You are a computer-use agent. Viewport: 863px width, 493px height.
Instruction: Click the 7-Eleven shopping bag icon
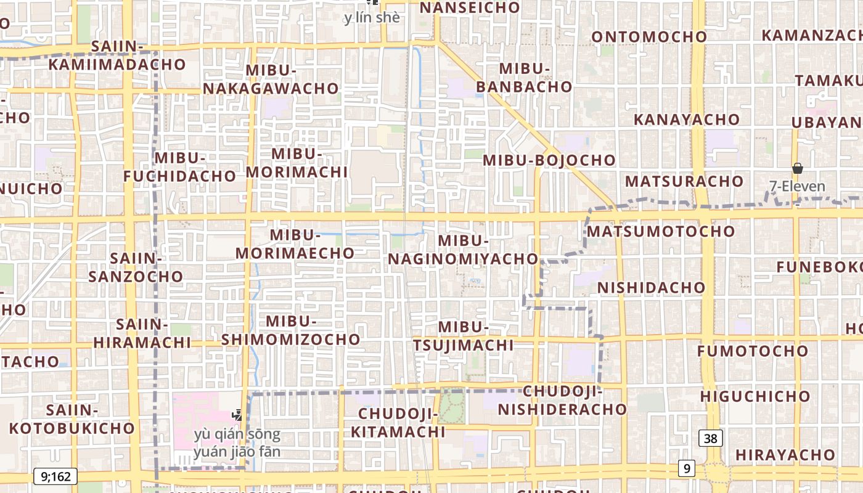(x=797, y=168)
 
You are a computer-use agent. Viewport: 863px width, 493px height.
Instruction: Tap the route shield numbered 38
(x=711, y=438)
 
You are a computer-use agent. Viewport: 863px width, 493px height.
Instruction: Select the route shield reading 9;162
(x=55, y=476)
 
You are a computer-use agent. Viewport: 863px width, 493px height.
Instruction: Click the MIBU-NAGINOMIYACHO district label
(x=463, y=250)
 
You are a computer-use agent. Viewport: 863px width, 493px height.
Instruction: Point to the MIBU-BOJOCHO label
(x=549, y=160)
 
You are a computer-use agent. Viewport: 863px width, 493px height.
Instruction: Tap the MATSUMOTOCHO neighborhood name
(x=661, y=232)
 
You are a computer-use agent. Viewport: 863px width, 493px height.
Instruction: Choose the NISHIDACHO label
(x=651, y=288)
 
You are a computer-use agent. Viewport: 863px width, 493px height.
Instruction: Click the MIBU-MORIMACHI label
(x=297, y=163)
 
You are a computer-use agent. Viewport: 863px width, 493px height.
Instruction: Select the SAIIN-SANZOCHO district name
(x=136, y=267)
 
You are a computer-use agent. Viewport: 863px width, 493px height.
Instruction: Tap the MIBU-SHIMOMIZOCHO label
(x=291, y=330)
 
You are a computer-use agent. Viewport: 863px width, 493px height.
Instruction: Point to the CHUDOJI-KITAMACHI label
(x=398, y=423)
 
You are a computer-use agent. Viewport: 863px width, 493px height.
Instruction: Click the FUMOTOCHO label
(x=753, y=351)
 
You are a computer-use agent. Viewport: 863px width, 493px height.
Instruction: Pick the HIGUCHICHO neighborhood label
(x=755, y=396)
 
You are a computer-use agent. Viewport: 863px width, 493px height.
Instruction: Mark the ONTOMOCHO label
(x=649, y=37)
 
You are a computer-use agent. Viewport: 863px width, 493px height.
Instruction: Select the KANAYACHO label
(x=687, y=120)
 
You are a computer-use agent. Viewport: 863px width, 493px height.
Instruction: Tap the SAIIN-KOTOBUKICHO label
(x=72, y=419)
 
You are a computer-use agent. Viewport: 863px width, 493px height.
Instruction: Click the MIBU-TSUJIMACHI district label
(x=464, y=336)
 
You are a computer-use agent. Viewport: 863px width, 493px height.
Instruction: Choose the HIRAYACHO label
(x=785, y=455)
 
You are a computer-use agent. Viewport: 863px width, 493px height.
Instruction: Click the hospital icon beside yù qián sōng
(x=237, y=415)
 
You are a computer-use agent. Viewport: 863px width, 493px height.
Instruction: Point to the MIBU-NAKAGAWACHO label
(x=271, y=79)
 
